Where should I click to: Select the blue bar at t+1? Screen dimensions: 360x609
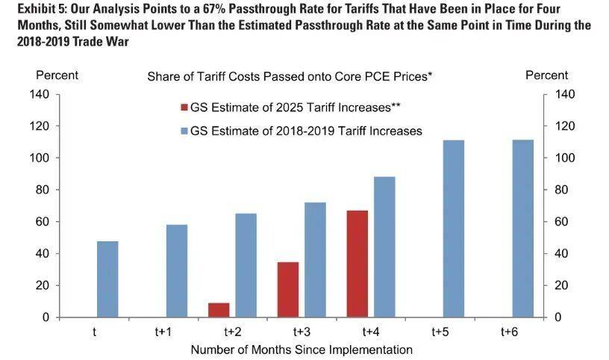pyautogui.click(x=177, y=271)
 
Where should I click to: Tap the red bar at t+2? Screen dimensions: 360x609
pyautogui.click(x=219, y=310)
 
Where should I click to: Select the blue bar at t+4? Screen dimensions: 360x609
pyautogui.click(x=384, y=247)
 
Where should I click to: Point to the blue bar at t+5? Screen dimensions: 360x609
pyautogui.click(x=454, y=229)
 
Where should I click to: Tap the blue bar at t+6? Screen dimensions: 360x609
pyautogui.click(x=522, y=229)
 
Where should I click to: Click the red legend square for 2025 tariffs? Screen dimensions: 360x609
pyautogui.click(x=184, y=108)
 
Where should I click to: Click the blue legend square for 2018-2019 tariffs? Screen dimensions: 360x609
pyautogui.click(x=184, y=131)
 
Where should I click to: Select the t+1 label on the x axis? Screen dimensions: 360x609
pyautogui.click(x=163, y=332)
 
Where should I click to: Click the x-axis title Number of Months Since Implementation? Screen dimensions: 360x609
pyautogui.click(x=302, y=349)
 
